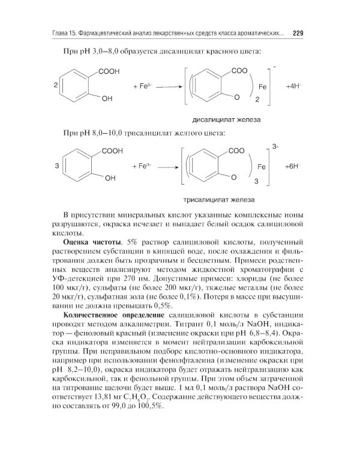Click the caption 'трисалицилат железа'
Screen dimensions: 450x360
click(219, 199)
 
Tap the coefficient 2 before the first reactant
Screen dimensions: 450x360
click(56, 86)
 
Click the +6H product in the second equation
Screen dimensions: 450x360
click(293, 166)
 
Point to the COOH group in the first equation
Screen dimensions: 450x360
click(109, 71)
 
